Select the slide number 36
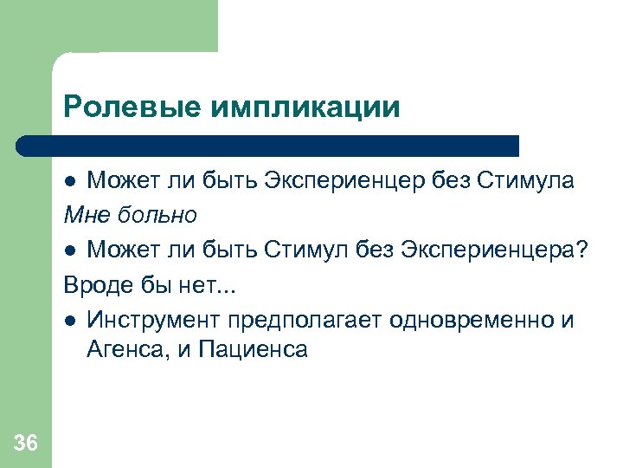click(x=26, y=444)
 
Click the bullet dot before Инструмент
click(x=72, y=320)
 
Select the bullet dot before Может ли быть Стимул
click(x=72, y=250)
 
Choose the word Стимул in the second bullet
click(x=316, y=250)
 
